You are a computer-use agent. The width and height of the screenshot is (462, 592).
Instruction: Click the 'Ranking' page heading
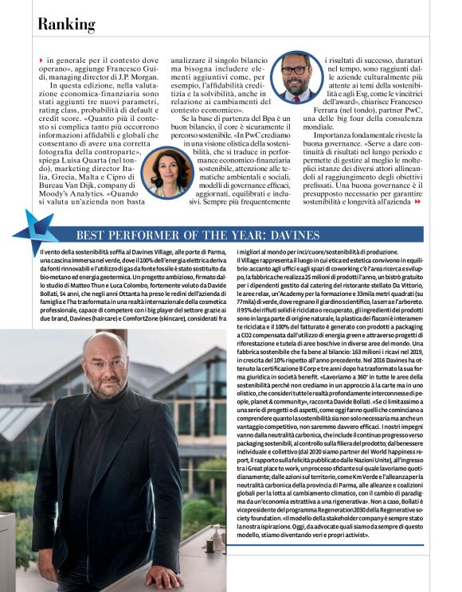(67, 25)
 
